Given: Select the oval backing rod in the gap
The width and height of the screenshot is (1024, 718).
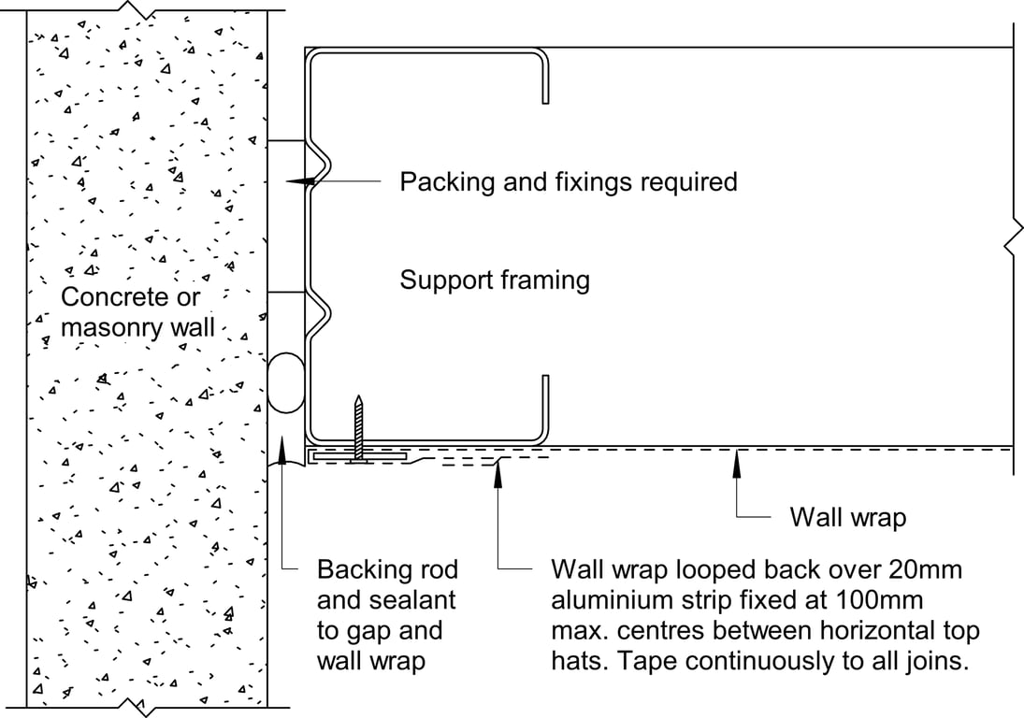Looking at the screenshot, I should coord(285,382).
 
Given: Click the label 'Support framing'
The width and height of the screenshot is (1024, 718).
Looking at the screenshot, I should coord(495,280).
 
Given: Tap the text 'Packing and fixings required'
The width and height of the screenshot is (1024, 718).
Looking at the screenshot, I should coord(568,181).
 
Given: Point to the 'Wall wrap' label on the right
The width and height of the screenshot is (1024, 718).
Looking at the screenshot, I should coord(847,517).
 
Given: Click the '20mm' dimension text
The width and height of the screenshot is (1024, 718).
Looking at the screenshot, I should coord(924,569).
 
